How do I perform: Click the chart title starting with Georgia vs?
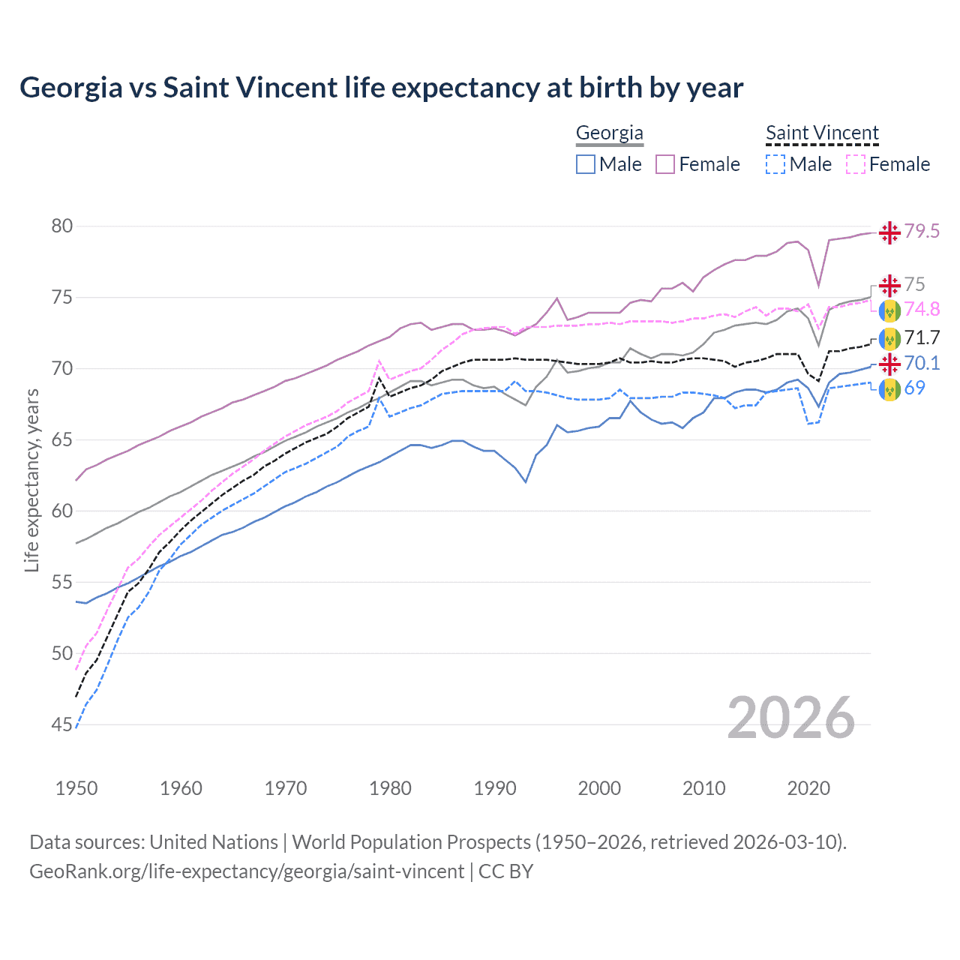click(x=381, y=88)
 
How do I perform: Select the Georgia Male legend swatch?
click(x=586, y=164)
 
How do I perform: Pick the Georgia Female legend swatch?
click(x=665, y=164)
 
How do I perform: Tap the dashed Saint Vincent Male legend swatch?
click(x=775, y=164)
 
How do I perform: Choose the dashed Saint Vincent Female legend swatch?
click(x=855, y=164)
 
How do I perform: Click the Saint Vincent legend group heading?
click(x=822, y=133)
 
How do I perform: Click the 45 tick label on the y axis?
click(x=61, y=724)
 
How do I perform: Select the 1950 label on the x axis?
click(x=76, y=788)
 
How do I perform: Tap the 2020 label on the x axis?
click(x=808, y=788)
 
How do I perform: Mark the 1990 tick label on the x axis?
click(x=495, y=788)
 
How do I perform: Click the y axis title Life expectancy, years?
click(x=31, y=480)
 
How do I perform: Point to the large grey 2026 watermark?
click(x=791, y=718)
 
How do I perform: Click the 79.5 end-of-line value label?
click(x=922, y=232)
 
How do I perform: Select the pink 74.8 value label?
click(x=922, y=309)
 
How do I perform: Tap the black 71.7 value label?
click(x=922, y=337)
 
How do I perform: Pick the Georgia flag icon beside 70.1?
click(x=889, y=364)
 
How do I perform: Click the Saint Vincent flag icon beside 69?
click(x=889, y=389)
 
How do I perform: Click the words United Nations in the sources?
click(x=214, y=842)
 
